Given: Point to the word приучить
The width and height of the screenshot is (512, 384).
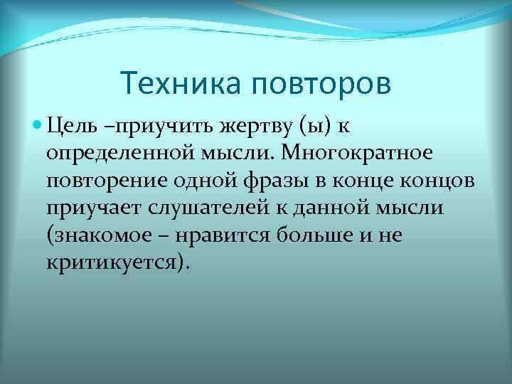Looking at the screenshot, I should [161, 127].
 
